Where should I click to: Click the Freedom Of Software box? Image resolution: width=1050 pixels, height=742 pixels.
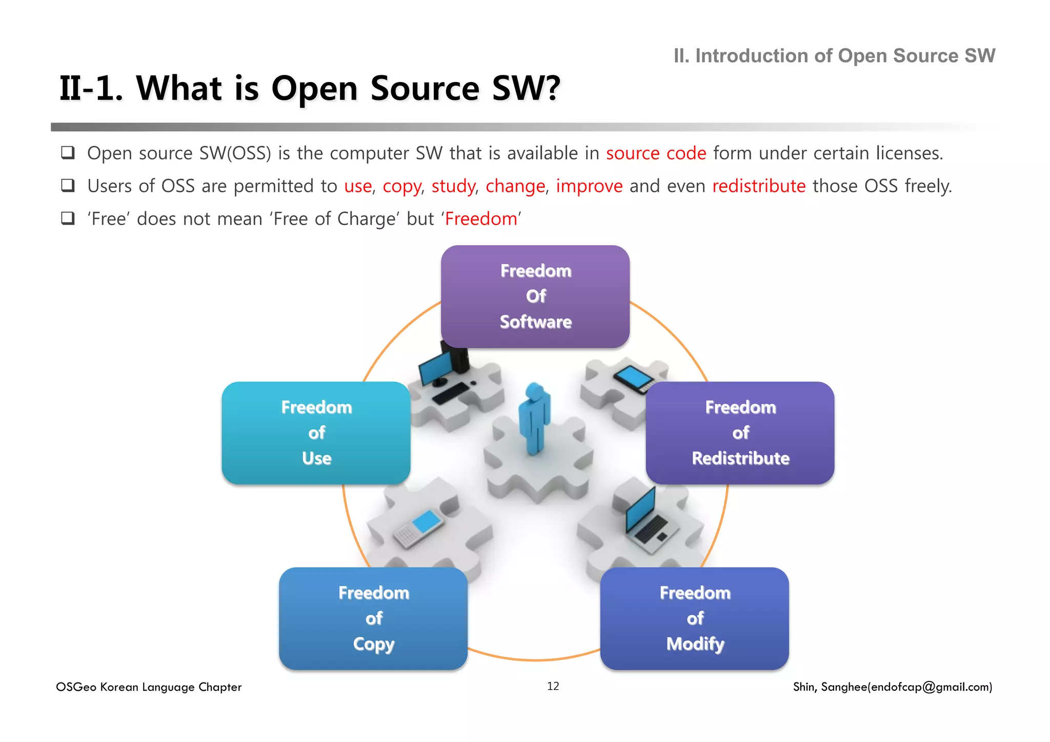pos(535,296)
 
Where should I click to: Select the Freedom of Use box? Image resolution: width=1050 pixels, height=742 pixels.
pos(316,433)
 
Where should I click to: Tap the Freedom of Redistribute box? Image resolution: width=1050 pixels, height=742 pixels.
pos(740,433)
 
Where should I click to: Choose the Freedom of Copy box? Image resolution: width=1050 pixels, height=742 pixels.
pos(373,618)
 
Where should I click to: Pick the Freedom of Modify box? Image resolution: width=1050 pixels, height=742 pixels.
pos(694,618)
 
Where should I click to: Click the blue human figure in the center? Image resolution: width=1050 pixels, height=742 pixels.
pos(534,418)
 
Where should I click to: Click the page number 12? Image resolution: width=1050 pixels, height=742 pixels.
pos(553,686)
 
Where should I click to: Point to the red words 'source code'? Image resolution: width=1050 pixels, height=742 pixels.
pos(656,153)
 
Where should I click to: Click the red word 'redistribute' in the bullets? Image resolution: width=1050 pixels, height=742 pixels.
pos(759,186)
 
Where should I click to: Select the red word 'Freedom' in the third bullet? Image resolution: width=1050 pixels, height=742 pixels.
pos(481,219)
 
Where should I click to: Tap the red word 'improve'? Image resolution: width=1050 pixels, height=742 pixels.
pos(589,186)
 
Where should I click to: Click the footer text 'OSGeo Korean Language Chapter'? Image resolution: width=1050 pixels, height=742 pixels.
pos(149,687)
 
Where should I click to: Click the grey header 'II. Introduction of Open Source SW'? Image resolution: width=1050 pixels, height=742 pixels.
pos(834,56)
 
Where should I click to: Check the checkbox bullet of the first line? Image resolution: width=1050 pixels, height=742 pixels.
pos(68,153)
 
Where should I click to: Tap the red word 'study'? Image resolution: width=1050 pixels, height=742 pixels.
pos(453,186)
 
